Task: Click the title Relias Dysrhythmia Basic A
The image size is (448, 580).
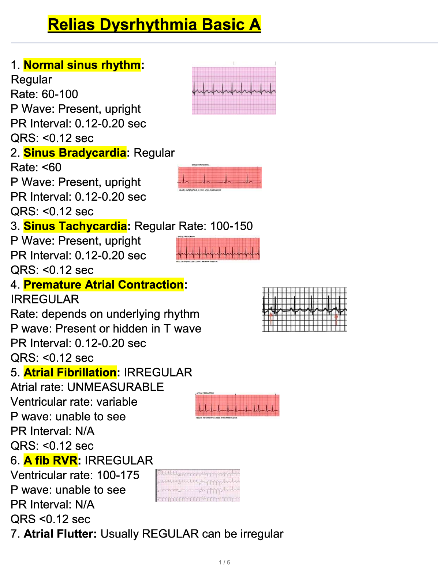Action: tap(154, 25)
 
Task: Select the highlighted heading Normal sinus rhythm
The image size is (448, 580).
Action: tap(82, 65)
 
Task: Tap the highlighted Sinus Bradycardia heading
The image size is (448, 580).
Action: tap(75, 153)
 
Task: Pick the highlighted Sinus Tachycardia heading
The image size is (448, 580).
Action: tap(75, 226)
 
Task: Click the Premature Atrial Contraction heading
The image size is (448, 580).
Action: tap(104, 285)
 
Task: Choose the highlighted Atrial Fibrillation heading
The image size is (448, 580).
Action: tap(70, 372)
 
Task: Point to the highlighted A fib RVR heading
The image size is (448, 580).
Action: tap(51, 460)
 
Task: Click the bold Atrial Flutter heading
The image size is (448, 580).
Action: tap(60, 534)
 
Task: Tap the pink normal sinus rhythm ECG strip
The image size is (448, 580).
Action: tap(234, 90)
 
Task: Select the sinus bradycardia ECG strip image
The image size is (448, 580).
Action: tap(220, 178)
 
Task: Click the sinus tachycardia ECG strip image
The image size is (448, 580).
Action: tap(218, 249)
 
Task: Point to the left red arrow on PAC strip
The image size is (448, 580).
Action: tap(271, 319)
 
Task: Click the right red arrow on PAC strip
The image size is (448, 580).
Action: tap(336, 319)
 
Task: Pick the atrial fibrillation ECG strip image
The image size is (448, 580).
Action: tap(237, 405)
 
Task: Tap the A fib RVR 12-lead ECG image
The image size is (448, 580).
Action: tap(198, 485)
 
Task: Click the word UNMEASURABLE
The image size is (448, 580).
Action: tap(116, 387)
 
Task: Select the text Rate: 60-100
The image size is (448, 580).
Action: tap(44, 94)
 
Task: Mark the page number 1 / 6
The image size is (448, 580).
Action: tap(224, 562)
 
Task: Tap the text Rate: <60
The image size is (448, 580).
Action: tap(36, 167)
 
